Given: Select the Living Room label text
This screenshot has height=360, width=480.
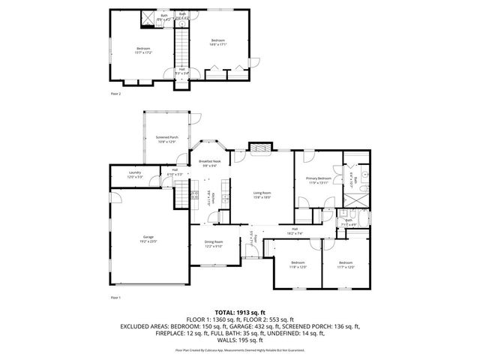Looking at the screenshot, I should point(262,194).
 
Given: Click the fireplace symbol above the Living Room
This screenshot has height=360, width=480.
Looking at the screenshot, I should point(260,149).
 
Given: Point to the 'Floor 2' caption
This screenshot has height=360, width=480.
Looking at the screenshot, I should point(115,94).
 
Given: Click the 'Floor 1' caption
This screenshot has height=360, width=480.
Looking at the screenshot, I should point(115,298).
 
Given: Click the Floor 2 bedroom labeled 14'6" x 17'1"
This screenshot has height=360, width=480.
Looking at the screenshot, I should point(218,42).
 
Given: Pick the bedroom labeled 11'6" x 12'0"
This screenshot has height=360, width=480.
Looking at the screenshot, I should point(298,265).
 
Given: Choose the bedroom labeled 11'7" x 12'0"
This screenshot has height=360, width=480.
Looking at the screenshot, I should point(346,265).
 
